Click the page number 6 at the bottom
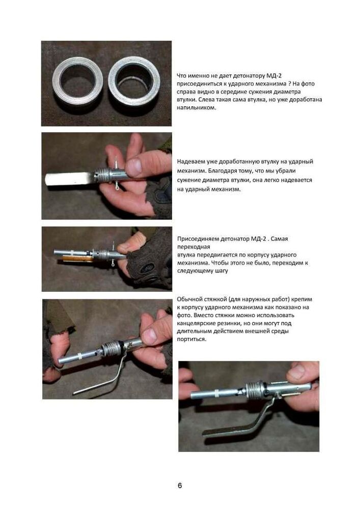(180, 485)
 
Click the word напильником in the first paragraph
(196, 107)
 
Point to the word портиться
(191, 339)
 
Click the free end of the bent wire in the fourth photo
(74, 393)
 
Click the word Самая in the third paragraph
(279, 239)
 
